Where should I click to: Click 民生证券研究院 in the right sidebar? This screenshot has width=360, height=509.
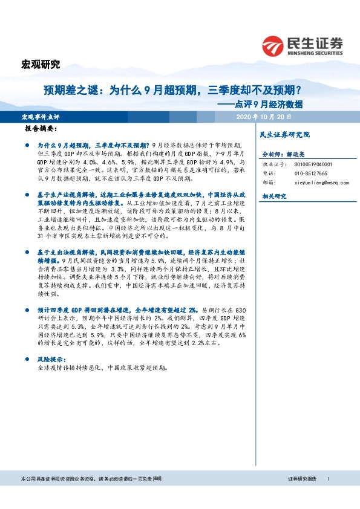coord(284,134)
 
